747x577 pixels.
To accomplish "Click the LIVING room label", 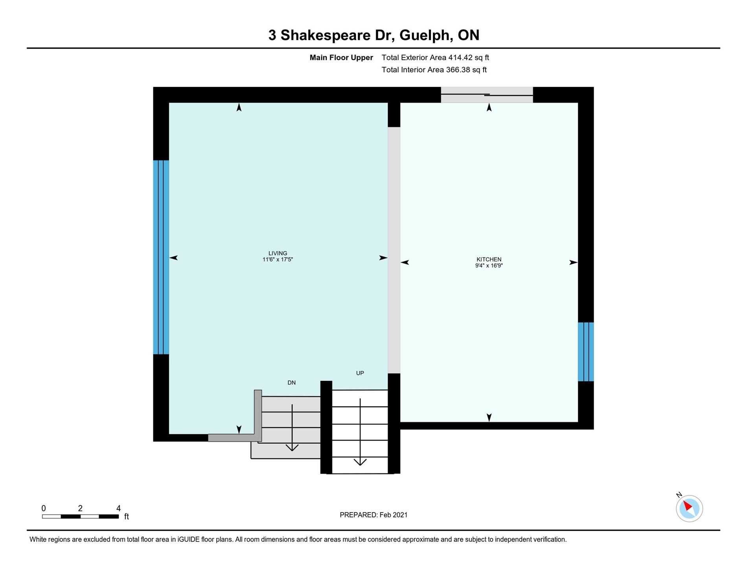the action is click(x=278, y=254).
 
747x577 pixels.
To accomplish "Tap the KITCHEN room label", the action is click(x=489, y=259).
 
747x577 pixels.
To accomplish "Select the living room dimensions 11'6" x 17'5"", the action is click(x=278, y=260).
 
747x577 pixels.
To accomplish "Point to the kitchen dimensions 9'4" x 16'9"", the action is click(x=489, y=266).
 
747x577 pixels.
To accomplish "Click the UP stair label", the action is click(x=360, y=373).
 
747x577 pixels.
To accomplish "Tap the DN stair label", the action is click(x=291, y=383).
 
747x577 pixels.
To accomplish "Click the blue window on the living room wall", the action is click(x=161, y=257).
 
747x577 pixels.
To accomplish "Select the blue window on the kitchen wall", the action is click(x=586, y=352).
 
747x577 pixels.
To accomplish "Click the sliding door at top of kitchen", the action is click(x=487, y=95).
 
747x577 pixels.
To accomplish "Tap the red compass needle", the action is click(x=688, y=505).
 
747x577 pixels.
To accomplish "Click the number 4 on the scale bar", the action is click(x=118, y=508).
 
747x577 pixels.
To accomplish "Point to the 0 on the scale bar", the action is click(x=44, y=508).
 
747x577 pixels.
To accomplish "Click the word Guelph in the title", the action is click(x=426, y=35).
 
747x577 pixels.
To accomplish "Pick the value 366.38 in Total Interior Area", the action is click(x=458, y=70).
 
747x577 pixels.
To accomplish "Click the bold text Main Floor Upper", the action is click(x=341, y=57).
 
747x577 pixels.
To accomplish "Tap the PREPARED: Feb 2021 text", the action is click(x=373, y=515).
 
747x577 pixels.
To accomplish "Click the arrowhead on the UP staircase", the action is click(x=360, y=462).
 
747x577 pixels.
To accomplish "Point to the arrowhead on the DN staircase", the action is click(x=292, y=448).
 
